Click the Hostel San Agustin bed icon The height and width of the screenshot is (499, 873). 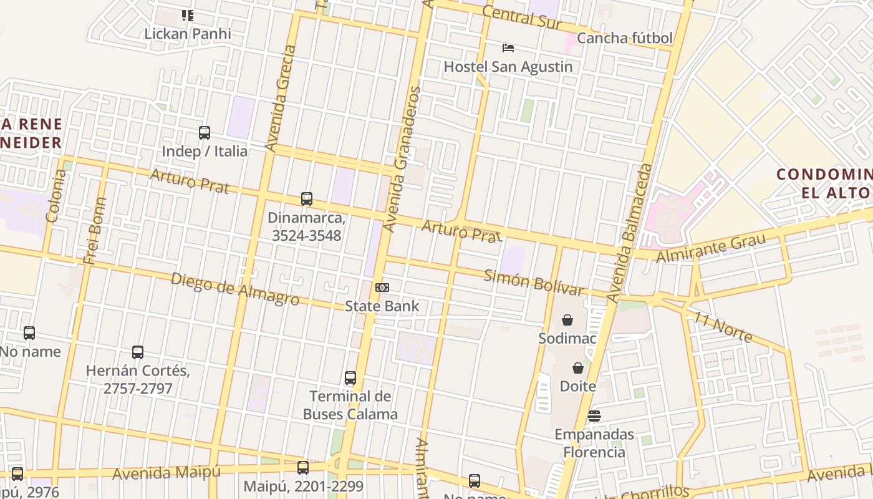click(x=508, y=47)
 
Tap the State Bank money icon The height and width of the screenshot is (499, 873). click(x=382, y=288)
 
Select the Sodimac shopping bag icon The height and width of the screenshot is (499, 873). click(x=567, y=320)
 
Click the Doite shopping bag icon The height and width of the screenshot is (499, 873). click(x=578, y=368)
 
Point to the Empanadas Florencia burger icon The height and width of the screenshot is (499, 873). click(x=594, y=416)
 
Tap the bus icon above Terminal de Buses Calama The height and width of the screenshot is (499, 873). click(x=350, y=378)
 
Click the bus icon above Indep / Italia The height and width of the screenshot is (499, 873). click(x=205, y=133)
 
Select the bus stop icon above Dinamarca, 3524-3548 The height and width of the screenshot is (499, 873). click(x=307, y=199)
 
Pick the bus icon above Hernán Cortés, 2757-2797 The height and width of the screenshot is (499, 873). click(x=138, y=352)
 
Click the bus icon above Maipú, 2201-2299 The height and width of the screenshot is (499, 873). click(x=303, y=468)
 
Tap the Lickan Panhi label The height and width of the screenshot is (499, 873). click(x=187, y=34)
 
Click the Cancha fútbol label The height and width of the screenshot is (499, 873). click(x=624, y=38)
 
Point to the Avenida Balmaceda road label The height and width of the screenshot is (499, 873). click(x=629, y=233)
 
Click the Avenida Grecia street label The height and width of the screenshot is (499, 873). click(x=281, y=98)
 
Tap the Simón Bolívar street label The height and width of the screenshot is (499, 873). click(x=534, y=282)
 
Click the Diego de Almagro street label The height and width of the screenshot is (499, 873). click(x=234, y=289)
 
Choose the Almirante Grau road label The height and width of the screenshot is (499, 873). click(x=710, y=248)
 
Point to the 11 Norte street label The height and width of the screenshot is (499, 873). click(x=722, y=327)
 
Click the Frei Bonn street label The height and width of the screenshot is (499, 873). click(x=97, y=231)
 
